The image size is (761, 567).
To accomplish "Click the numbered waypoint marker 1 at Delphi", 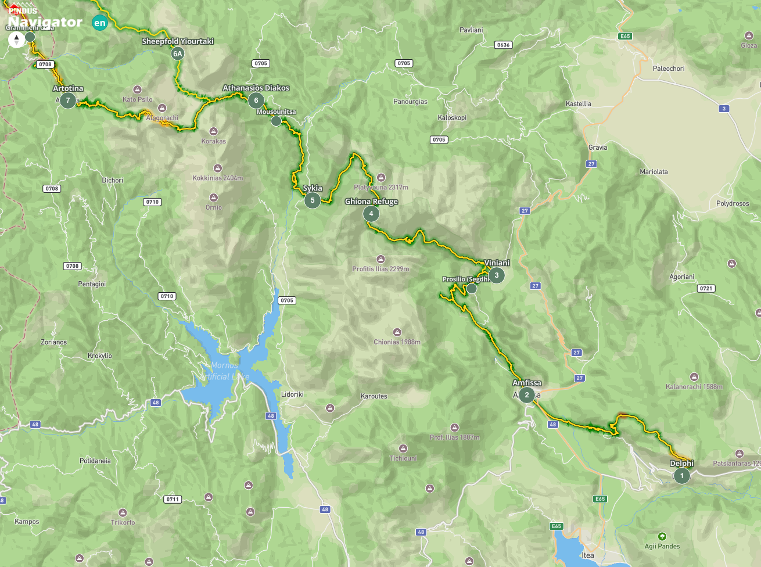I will click(x=681, y=476).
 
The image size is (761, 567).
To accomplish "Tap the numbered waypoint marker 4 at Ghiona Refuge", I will click(x=371, y=214).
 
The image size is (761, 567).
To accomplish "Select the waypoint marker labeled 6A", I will click(x=178, y=54).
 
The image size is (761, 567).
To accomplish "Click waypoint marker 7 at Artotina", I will click(x=68, y=101).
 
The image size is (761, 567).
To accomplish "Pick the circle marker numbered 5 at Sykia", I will click(x=313, y=200).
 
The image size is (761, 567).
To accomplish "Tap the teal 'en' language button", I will click(x=100, y=23).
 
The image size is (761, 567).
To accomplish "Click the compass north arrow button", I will click(x=16, y=40).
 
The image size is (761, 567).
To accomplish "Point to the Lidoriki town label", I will click(x=292, y=394).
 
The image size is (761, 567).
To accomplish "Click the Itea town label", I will click(x=588, y=555).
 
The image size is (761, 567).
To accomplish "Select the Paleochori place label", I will click(x=669, y=69).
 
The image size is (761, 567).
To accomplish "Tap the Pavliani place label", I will click(x=471, y=30).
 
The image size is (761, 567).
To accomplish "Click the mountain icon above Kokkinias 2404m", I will click(x=218, y=168).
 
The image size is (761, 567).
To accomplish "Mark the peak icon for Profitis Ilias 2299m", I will click(x=380, y=259).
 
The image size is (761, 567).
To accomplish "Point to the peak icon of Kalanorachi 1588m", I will click(x=694, y=377).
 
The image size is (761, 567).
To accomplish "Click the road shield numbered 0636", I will click(x=503, y=45).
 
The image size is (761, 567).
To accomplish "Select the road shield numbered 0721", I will click(x=706, y=288).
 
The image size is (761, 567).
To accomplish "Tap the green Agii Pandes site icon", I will click(x=662, y=536).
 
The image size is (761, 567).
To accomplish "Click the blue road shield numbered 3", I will click(x=724, y=109).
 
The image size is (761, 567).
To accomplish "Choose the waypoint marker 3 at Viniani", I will click(x=497, y=275).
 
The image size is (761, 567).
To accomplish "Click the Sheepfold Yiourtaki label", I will click(x=178, y=41).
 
